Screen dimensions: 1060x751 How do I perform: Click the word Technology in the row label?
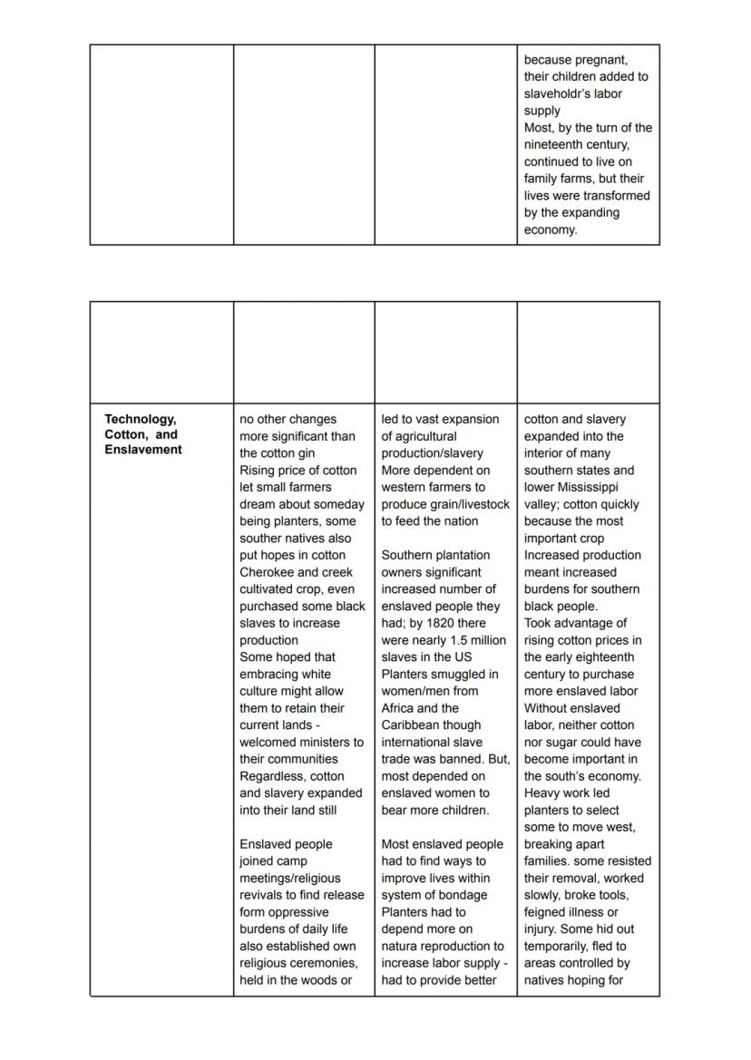[x=140, y=419]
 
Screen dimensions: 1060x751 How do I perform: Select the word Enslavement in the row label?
[x=143, y=450]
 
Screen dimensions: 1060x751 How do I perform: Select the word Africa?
[x=400, y=708]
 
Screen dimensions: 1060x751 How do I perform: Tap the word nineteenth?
[x=561, y=145]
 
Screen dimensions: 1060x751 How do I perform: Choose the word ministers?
[x=329, y=743]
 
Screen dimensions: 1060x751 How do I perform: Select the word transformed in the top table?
[x=618, y=196]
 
